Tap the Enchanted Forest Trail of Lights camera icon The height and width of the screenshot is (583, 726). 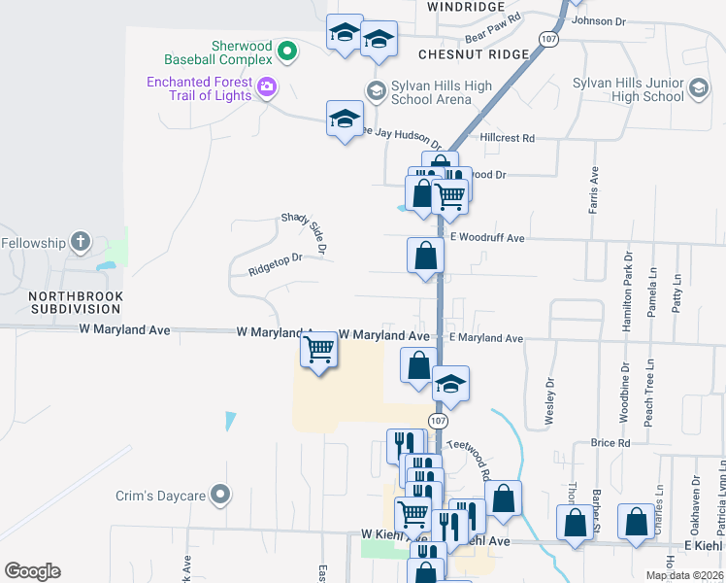[x=267, y=88]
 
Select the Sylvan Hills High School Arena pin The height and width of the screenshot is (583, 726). [x=376, y=91]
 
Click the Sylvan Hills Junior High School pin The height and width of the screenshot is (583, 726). [x=698, y=90]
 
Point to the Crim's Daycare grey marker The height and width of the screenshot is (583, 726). [x=220, y=496]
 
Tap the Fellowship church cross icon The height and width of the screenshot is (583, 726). [x=81, y=242]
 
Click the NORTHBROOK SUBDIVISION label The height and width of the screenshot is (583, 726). [x=65, y=302]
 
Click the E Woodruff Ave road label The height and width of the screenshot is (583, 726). [x=487, y=238]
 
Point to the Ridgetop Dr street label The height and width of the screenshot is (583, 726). [x=276, y=259]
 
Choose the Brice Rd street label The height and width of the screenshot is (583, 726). [x=610, y=443]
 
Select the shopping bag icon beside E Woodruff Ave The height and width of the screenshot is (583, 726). [x=425, y=257]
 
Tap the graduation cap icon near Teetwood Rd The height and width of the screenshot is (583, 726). [x=450, y=384]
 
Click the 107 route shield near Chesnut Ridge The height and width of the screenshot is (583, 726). [x=549, y=39]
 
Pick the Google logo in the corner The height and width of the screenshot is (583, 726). [x=32, y=571]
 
